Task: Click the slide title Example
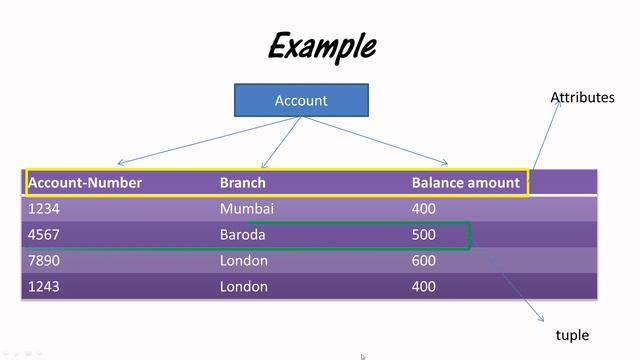tap(322, 46)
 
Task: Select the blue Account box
tap(301, 100)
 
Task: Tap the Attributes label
tap(582, 97)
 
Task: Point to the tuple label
tap(572, 335)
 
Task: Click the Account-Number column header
tap(85, 183)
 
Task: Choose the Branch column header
tap(243, 183)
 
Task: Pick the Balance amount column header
tap(465, 183)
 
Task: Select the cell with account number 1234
tap(45, 209)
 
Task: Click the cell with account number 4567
tap(45, 235)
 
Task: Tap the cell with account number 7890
tap(45, 261)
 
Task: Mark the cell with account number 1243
tap(45, 287)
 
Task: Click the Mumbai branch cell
tap(246, 209)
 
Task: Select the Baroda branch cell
tap(243, 235)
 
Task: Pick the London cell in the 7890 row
tap(244, 261)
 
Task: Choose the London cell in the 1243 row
tap(244, 287)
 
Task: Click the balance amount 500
tap(424, 235)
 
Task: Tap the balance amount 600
tap(424, 261)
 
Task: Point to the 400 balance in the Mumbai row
tap(424, 209)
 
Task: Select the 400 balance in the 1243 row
tap(424, 287)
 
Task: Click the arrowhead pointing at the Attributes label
tap(558, 103)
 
